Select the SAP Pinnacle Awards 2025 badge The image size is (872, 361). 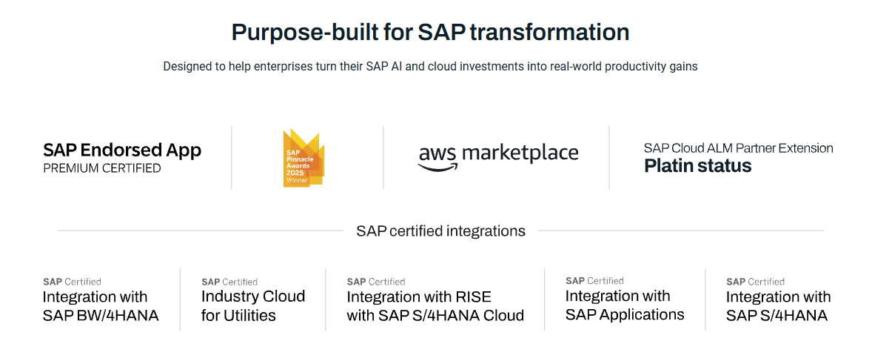click(x=303, y=158)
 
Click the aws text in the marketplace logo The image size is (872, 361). click(x=437, y=155)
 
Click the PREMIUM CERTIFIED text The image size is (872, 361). click(x=102, y=168)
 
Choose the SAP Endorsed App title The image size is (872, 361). click(x=122, y=150)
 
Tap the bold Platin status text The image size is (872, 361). click(x=698, y=165)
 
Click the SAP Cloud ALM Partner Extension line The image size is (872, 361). click(x=739, y=148)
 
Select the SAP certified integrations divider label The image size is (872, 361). click(x=440, y=231)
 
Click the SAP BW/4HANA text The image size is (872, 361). click(x=101, y=315)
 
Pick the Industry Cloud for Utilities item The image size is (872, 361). click(x=253, y=305)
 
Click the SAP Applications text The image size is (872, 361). click(x=625, y=315)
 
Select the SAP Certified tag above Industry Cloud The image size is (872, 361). click(x=229, y=282)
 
